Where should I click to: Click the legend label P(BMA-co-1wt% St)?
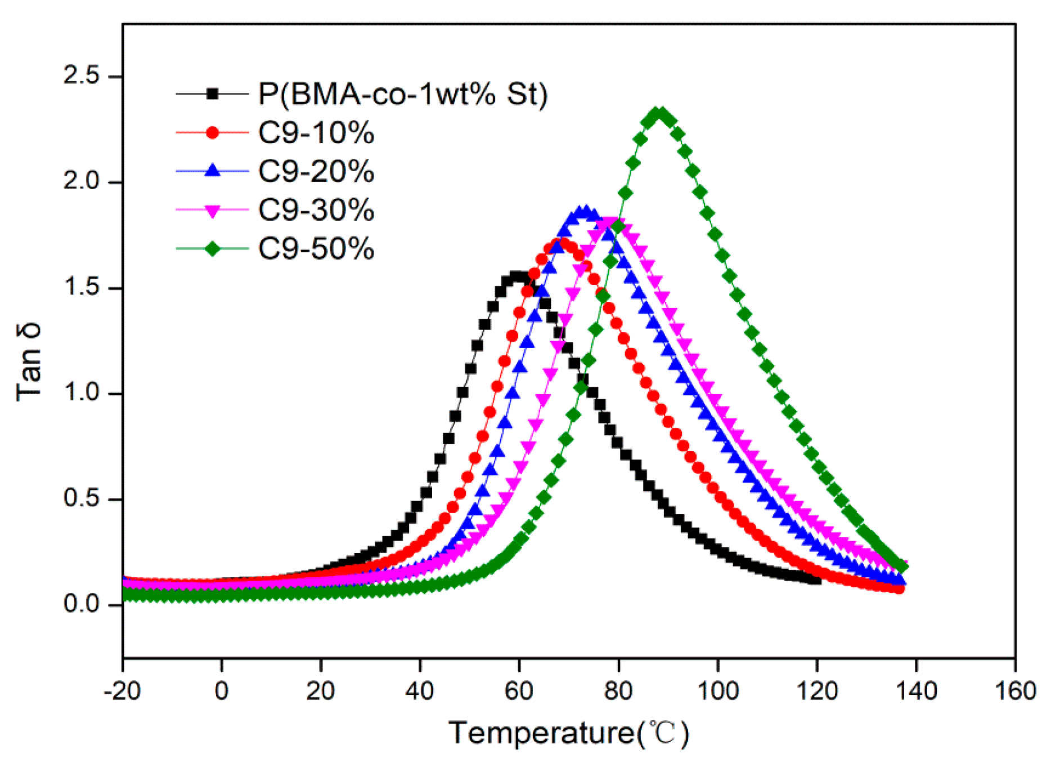[x=402, y=93]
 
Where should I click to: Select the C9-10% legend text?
[x=316, y=133]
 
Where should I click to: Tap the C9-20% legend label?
[x=316, y=171]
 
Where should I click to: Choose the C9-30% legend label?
[x=316, y=210]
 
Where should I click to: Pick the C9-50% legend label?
[x=316, y=248]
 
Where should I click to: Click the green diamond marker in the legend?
[x=213, y=248]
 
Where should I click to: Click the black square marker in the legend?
[x=213, y=93]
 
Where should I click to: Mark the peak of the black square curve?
[x=518, y=276]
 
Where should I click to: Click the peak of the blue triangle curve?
[x=585, y=212]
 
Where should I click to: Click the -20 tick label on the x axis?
[x=122, y=690]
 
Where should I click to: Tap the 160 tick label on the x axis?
[x=1015, y=690]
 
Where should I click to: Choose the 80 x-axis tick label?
[x=618, y=690]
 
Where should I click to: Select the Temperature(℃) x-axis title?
[x=568, y=733]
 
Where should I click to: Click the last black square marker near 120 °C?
[x=816, y=579]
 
